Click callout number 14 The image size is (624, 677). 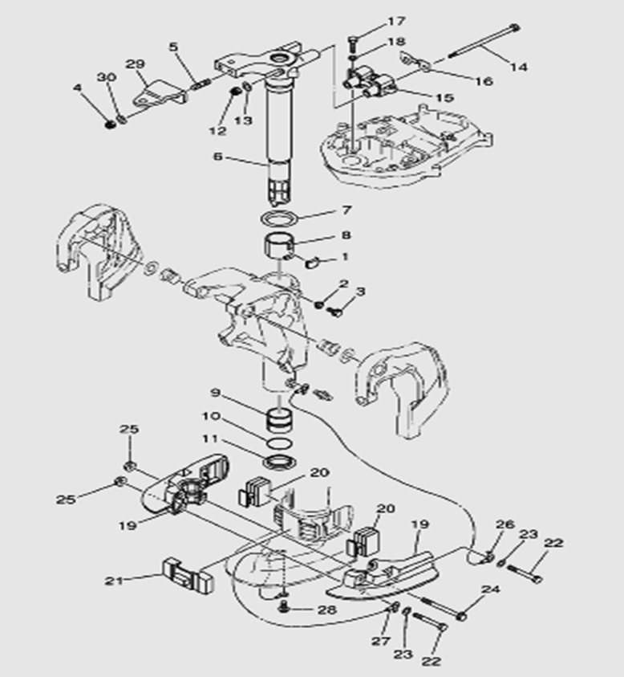click(x=519, y=67)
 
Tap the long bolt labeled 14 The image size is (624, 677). click(x=480, y=43)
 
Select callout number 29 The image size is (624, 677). click(x=135, y=63)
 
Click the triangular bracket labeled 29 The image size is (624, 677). click(x=157, y=96)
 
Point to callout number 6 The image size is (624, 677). click(x=217, y=157)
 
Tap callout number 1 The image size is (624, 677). click(x=346, y=257)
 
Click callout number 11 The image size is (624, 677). click(x=210, y=438)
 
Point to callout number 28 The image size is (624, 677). click(x=326, y=610)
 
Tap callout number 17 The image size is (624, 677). click(x=397, y=21)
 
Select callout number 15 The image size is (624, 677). click(x=444, y=97)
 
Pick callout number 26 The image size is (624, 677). click(x=504, y=525)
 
